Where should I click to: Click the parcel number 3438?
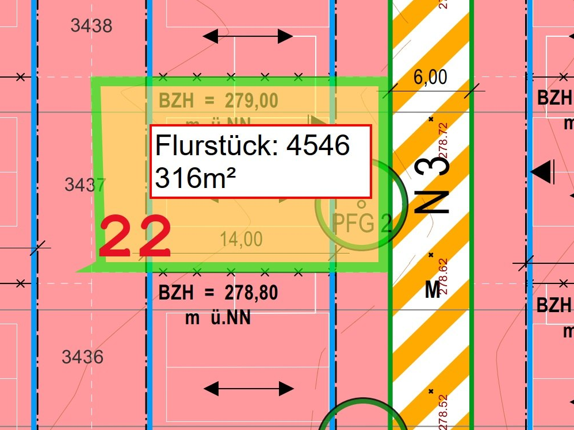click(91, 26)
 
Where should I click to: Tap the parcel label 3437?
click(85, 185)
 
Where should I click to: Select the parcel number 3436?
click(83, 357)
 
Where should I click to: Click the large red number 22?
click(135, 236)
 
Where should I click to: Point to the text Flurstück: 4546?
click(252, 146)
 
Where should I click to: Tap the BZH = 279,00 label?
click(219, 101)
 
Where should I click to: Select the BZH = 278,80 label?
click(219, 293)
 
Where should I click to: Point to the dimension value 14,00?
click(241, 239)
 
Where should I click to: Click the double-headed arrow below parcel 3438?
click(248, 37)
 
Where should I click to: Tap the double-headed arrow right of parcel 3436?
click(248, 389)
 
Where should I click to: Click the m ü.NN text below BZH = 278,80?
click(218, 317)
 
